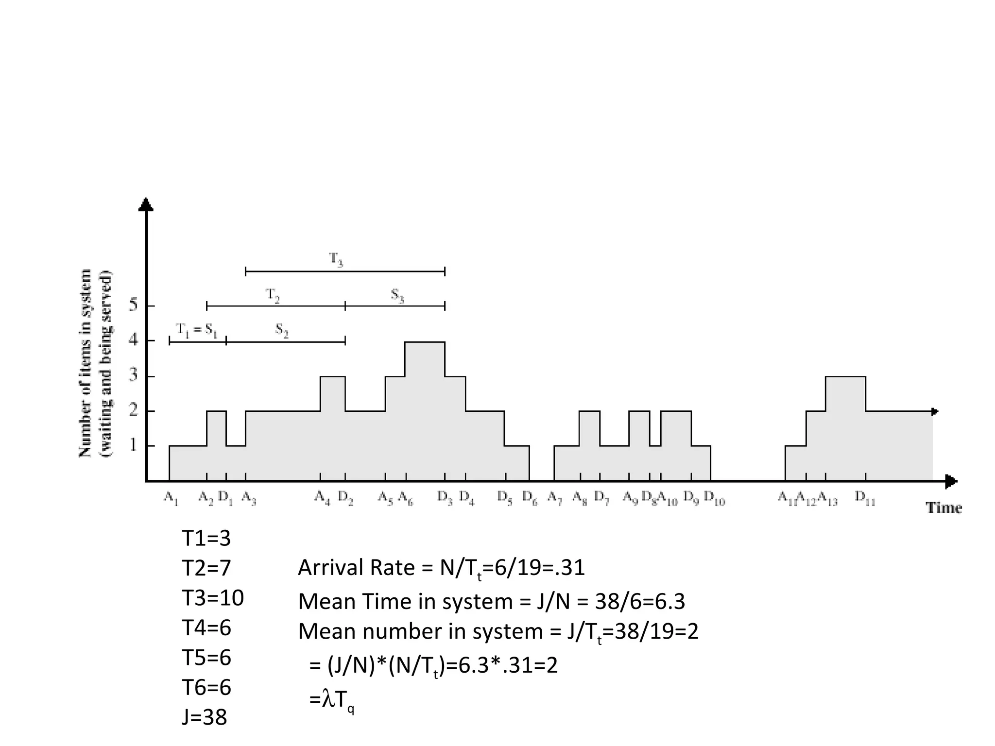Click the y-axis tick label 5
pos(133,305)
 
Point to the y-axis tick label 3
pos(133,376)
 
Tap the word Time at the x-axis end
pos(944,508)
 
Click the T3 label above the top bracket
pos(336,259)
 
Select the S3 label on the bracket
pos(397,295)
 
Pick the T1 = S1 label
pos(197,330)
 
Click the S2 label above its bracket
pos(282,330)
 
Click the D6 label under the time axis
pos(530,498)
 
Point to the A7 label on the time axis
pos(554,498)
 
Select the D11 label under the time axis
pos(865,498)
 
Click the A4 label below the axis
pos(322,498)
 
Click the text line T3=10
pos(213,598)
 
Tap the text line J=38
pos(205,717)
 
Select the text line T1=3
pos(206,538)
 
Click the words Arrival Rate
pos(356,568)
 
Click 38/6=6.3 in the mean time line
pos(640,602)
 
